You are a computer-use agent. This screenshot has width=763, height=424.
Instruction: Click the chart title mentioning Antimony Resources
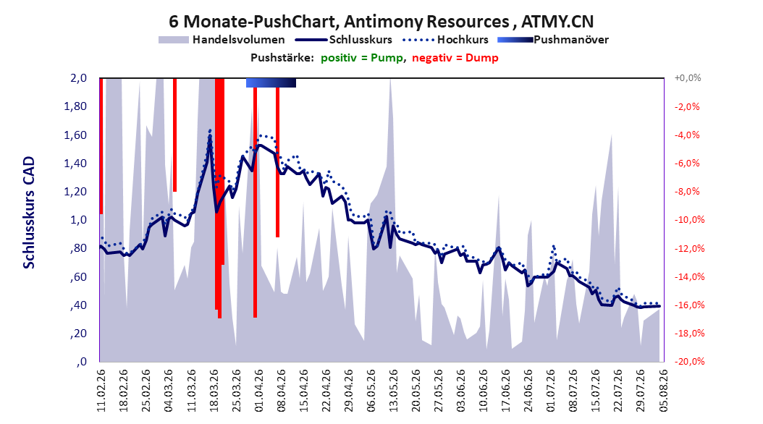(381, 22)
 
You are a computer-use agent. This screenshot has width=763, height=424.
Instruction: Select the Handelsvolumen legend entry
(222, 40)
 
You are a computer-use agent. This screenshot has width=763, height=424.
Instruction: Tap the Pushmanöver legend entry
(553, 40)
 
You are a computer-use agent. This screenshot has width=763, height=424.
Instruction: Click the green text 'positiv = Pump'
(362, 58)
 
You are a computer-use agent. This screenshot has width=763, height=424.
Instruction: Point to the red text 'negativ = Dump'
(455, 58)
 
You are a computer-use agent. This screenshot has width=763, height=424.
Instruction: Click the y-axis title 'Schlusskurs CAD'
(29, 213)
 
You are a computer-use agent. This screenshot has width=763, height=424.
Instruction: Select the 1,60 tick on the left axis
(75, 135)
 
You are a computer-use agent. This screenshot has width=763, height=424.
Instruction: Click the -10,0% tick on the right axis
(689, 220)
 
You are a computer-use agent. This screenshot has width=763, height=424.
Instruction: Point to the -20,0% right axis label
(689, 362)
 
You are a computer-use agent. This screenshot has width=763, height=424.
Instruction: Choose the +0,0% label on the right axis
(688, 78)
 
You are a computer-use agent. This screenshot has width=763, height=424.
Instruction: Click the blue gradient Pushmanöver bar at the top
(271, 82)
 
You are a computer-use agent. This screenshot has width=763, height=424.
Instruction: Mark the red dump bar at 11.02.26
(101, 146)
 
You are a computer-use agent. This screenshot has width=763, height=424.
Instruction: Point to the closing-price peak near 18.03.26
(210, 137)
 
